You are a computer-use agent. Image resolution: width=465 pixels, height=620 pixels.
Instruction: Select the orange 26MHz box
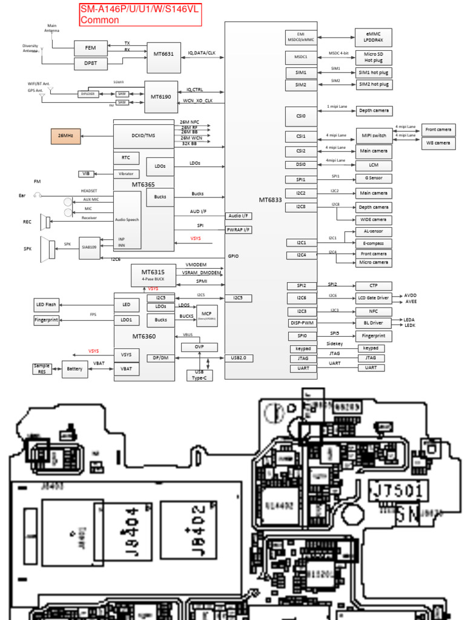(65, 136)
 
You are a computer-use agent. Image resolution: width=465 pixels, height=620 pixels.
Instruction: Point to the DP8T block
(90, 63)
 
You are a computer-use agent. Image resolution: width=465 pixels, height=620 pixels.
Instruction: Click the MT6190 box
(161, 97)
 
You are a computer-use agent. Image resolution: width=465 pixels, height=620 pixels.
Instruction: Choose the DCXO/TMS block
(143, 136)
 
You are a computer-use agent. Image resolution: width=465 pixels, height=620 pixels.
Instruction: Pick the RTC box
(126, 158)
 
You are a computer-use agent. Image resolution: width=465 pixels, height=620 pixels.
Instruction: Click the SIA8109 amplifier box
(90, 247)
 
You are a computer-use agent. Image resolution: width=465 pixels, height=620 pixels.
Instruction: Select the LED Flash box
(47, 305)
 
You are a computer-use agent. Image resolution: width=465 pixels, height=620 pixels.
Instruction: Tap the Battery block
(74, 369)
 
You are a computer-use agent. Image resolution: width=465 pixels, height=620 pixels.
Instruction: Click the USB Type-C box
(199, 374)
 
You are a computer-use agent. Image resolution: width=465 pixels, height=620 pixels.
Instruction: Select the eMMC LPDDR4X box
(373, 38)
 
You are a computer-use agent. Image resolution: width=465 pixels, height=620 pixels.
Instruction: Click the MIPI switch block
(373, 135)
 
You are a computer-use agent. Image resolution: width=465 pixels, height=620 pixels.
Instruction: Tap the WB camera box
(438, 143)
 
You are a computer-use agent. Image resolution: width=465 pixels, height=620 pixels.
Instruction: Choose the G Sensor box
(373, 179)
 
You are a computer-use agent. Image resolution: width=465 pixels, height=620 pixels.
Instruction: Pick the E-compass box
(373, 243)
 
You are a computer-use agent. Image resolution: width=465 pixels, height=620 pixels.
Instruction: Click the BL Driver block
(373, 323)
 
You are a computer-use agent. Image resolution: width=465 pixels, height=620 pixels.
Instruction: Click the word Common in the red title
(100, 20)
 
